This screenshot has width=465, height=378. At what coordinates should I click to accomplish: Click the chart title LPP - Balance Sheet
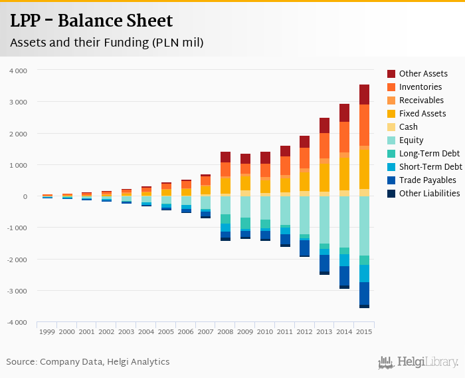point(91,21)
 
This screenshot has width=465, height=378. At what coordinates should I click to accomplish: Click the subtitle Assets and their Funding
point(106,43)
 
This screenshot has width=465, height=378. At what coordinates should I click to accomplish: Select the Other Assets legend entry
point(423,74)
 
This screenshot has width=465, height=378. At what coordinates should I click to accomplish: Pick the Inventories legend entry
point(420,87)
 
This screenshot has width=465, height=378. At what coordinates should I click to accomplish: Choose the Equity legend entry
point(411,140)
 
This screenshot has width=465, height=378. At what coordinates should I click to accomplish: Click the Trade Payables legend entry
point(427,180)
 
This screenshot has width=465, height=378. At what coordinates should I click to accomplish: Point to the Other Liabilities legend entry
point(429,194)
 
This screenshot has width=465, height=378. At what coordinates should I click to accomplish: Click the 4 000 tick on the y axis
point(18,71)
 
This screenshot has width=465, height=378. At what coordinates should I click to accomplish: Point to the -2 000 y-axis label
point(17,260)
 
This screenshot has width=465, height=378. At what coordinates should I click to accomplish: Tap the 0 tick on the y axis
point(25,196)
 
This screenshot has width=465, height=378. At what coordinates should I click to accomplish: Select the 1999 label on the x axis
point(47,331)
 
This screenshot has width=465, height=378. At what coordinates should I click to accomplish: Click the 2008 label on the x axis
point(225,331)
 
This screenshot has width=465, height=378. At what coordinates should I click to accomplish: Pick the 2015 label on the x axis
point(364,331)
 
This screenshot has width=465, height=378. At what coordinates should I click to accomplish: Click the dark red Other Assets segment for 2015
point(364,94)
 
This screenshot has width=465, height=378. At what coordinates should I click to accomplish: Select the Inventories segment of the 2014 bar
point(344,137)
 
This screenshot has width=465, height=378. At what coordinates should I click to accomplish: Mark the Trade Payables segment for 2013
point(324,264)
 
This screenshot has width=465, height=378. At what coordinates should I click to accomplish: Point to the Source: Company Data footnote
point(88,362)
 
